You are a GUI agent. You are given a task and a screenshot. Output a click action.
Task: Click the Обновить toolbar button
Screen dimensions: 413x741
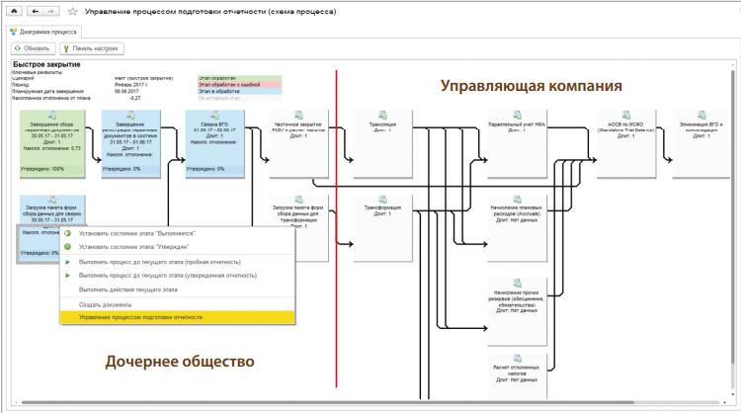tap(34, 47)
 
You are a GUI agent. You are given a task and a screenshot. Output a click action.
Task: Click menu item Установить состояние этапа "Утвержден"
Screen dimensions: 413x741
tap(133, 246)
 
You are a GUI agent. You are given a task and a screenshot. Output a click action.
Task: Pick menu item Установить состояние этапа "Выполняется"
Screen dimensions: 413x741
tap(135, 233)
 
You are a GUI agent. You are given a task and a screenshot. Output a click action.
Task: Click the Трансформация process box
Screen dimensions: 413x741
tap(382, 226)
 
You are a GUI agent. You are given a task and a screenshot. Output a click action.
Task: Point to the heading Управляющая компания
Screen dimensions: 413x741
tap(531, 86)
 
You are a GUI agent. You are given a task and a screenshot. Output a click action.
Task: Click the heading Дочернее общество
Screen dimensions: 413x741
tap(180, 362)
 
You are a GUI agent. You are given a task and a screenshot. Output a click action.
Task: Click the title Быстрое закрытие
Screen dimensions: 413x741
tap(45, 65)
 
